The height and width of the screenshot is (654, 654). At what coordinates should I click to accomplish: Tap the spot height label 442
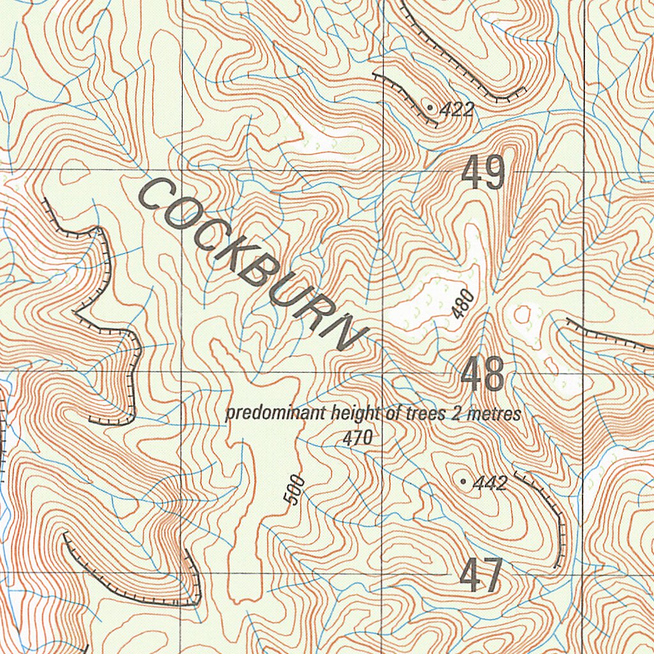(x=490, y=483)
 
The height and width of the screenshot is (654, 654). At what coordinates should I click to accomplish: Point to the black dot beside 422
(x=432, y=108)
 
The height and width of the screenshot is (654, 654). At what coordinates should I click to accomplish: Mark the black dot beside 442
(x=463, y=481)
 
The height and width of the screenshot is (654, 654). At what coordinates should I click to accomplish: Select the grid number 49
(x=483, y=173)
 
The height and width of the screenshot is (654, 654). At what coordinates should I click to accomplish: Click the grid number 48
(x=483, y=375)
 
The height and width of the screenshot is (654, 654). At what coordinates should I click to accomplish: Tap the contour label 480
(x=463, y=304)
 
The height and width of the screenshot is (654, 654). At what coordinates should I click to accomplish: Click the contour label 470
(x=357, y=438)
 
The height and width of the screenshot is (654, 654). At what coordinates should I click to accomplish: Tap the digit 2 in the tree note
(x=456, y=414)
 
